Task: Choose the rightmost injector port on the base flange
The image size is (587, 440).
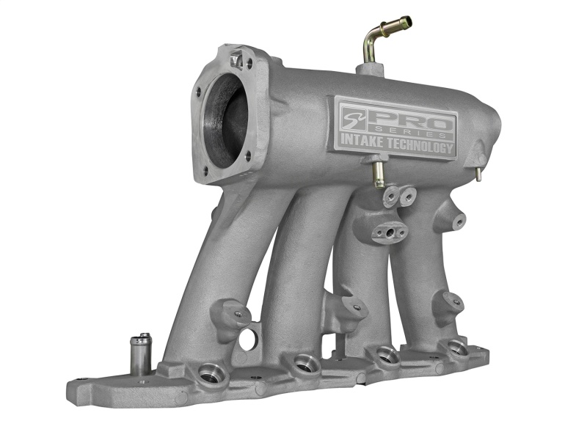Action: point(456,347)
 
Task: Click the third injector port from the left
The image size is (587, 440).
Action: point(385,356)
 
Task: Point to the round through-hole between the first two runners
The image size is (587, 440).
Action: point(247,338)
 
